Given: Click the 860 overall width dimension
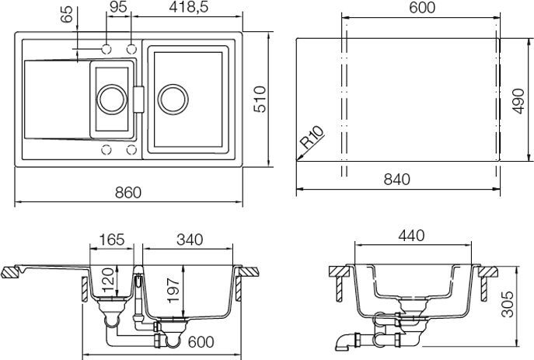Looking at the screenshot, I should coord(128,192).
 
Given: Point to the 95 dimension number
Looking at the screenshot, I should coord(118,9).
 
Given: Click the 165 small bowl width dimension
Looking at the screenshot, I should coord(112,240).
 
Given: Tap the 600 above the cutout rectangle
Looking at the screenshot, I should coord(420,9).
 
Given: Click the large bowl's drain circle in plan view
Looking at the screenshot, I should coord(171,99).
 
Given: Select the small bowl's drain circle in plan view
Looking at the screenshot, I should coord(110,99).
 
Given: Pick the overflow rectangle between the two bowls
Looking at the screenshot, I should coord(140,99).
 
